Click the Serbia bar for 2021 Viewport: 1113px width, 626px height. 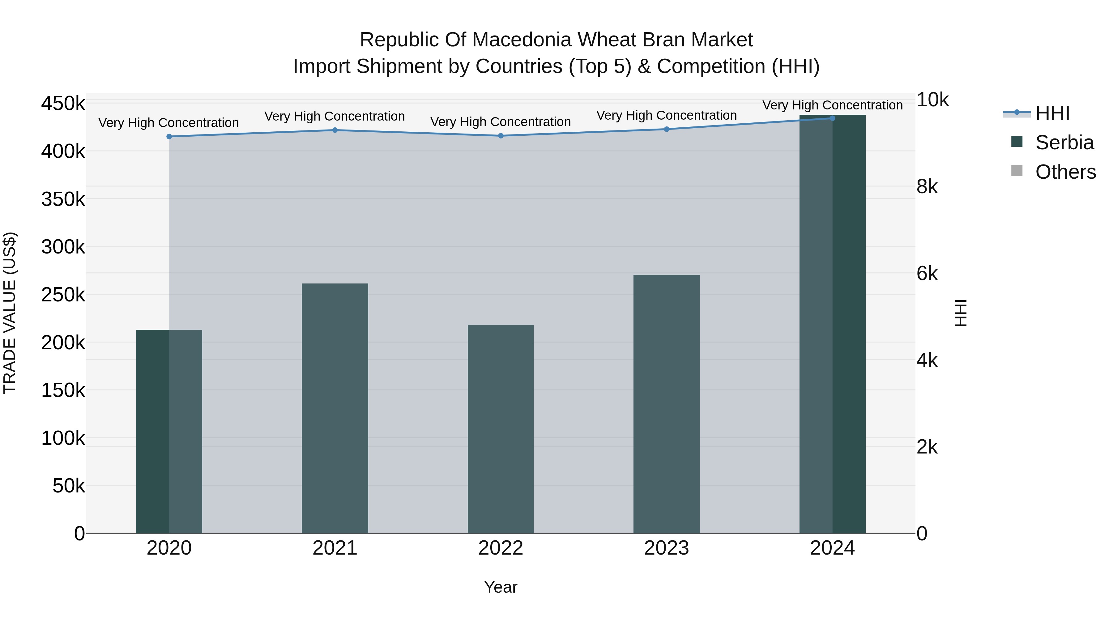coord(335,408)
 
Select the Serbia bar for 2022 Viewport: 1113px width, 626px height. coord(501,429)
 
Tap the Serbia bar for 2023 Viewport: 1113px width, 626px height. coord(666,404)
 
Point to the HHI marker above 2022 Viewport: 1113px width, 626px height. coord(501,136)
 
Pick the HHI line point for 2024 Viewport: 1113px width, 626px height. coord(832,118)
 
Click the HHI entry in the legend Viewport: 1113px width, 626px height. coord(1052,113)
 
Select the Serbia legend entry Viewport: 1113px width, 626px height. coord(1064,143)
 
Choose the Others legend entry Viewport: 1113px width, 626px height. coord(1065,172)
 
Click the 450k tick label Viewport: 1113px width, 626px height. coord(63,104)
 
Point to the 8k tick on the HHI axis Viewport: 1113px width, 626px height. coord(927,187)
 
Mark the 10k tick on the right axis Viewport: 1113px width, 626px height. coord(932,100)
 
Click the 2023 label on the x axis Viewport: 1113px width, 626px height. coord(666,548)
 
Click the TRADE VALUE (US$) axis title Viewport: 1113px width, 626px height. coord(10,313)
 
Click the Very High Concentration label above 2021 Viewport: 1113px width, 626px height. coord(335,116)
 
